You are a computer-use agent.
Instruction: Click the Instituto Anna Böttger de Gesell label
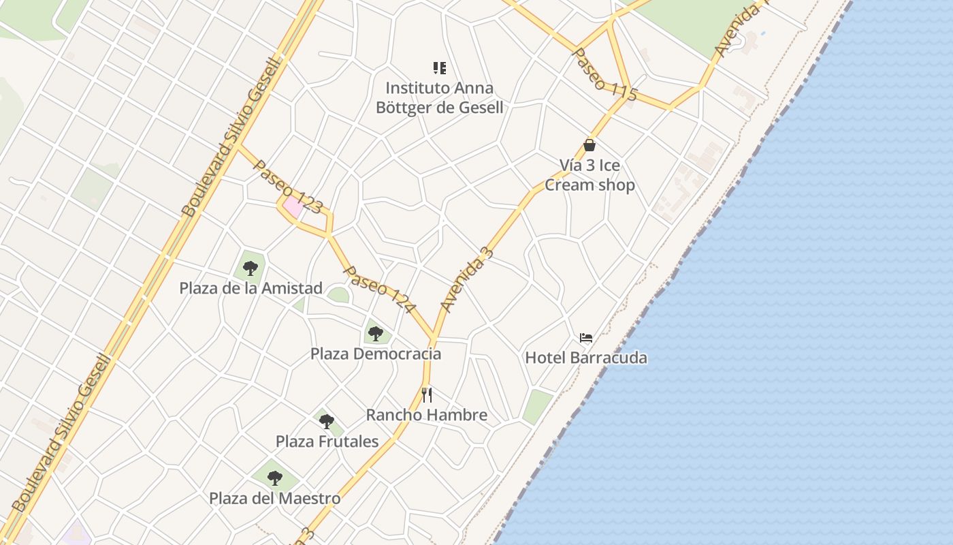tap(440, 97)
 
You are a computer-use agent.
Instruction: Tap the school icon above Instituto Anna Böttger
tap(440, 67)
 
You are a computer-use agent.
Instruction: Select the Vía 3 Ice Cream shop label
tap(589, 175)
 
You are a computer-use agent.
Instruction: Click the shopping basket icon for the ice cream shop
tap(589, 145)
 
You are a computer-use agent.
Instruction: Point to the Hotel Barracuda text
tap(586, 358)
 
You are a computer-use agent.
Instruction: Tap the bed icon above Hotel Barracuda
tap(586, 337)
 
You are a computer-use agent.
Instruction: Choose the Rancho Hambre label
tap(427, 415)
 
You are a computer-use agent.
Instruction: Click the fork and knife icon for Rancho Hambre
tap(427, 394)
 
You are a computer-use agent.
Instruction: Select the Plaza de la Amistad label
tap(251, 288)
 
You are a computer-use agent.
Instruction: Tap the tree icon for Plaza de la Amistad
tap(251, 268)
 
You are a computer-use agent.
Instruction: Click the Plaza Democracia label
tap(376, 354)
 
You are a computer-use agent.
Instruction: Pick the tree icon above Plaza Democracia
tap(376, 333)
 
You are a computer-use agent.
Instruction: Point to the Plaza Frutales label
tap(327, 441)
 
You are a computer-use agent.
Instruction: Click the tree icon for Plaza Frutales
tap(327, 421)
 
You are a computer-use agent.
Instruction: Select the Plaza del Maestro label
tap(275, 498)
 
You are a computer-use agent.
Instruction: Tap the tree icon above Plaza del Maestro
tap(275, 478)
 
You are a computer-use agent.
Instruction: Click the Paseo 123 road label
tap(287, 186)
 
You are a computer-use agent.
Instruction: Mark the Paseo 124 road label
tap(379, 290)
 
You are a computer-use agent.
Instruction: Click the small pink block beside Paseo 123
tap(293, 206)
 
